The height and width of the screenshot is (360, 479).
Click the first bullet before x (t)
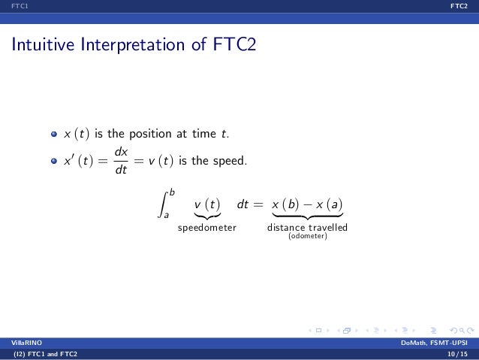pos(53,135)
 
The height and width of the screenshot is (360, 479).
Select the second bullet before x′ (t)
pos(53,162)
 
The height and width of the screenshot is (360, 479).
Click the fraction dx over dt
pos(121,162)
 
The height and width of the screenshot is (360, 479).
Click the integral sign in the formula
pos(165,204)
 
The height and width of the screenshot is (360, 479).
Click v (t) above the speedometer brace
pos(206,204)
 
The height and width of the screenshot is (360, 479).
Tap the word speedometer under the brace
pos(206,227)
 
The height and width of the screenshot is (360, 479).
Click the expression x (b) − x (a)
pos(307,204)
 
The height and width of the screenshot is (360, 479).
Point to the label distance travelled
pos(307,227)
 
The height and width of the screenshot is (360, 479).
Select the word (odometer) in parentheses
pos(307,237)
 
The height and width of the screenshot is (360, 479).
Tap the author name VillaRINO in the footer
pos(17,343)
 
